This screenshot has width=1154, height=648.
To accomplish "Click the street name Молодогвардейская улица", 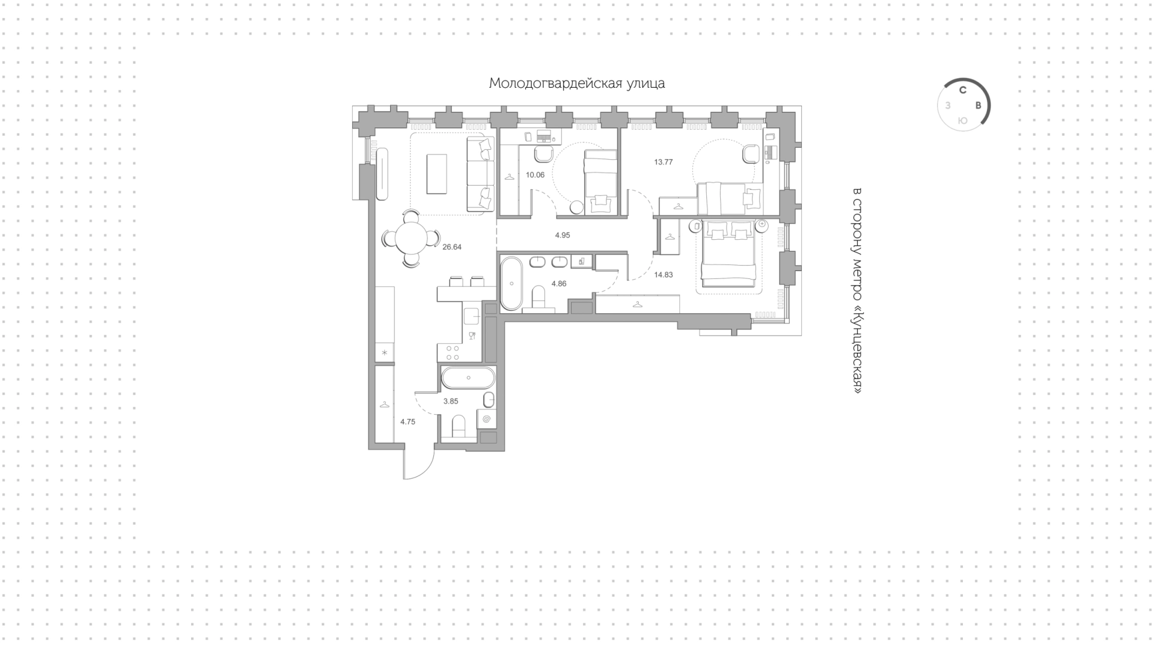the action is (x=577, y=84).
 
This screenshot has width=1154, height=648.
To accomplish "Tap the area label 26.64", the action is (x=452, y=246).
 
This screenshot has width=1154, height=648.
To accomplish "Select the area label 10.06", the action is (x=535, y=175).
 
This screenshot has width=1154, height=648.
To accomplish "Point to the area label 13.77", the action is (x=664, y=162).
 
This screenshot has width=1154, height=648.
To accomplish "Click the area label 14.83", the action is (x=664, y=275).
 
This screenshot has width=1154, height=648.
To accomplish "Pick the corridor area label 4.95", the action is (x=563, y=235).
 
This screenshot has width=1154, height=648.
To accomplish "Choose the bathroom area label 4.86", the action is (x=559, y=284).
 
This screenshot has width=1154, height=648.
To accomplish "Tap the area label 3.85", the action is (x=451, y=401).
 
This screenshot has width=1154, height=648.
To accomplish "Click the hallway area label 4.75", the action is (x=408, y=421).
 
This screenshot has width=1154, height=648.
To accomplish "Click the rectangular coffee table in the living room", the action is (x=437, y=174).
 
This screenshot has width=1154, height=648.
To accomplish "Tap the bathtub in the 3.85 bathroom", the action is (x=468, y=378).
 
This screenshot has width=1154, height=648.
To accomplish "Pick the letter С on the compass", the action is (x=962, y=91).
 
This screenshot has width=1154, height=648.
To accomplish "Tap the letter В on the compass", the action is (x=978, y=105).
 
